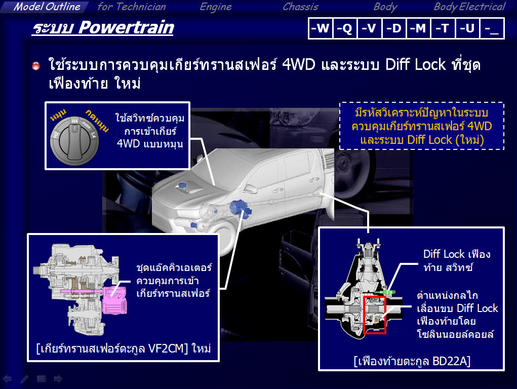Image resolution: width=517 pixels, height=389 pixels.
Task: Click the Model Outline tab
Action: coord(47,7)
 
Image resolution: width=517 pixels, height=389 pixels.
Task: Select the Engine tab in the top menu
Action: coord(216,7)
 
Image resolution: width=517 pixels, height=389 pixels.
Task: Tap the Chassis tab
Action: coord(300,7)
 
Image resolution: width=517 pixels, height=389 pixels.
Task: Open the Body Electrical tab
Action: coord(469,7)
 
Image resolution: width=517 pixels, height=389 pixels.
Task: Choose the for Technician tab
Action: coord(132,7)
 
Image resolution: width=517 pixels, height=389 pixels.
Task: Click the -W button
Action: coord(320,28)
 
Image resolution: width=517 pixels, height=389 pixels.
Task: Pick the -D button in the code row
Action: coord(393,28)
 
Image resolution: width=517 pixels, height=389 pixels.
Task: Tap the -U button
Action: coord(467,28)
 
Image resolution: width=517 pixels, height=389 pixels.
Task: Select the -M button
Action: coord(418,28)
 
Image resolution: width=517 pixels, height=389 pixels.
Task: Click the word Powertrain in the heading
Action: coord(126,27)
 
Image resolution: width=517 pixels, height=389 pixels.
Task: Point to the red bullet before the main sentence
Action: coord(36,66)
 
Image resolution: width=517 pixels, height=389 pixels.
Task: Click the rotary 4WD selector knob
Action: coord(74,140)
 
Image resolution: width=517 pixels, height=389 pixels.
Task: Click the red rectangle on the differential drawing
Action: coord(375,315)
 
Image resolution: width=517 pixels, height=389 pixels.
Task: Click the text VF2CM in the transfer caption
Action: coord(166,348)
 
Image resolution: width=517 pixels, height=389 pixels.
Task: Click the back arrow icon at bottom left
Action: coord(7,379)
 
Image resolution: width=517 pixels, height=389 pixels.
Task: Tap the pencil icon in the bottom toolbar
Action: coord(24,379)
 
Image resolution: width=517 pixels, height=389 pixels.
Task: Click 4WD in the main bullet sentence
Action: coord(299,64)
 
